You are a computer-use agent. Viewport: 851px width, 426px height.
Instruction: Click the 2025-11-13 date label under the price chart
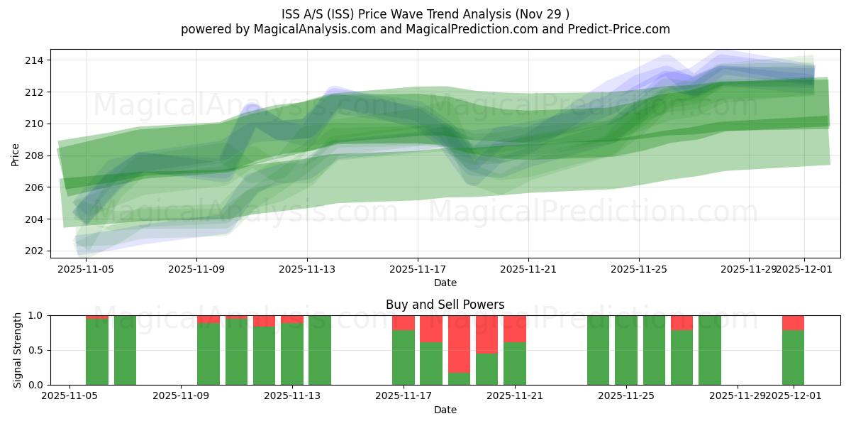pyautogui.click(x=307, y=269)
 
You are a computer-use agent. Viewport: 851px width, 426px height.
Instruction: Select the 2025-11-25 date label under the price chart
pyautogui.click(x=639, y=269)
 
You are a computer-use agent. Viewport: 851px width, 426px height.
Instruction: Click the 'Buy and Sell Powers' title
pyautogui.click(x=445, y=305)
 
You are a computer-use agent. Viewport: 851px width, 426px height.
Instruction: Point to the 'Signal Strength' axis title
pyautogui.click(x=18, y=350)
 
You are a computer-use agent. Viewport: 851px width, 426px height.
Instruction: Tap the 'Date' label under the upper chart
pyautogui.click(x=445, y=283)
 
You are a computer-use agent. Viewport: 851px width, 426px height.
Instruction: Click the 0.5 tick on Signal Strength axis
pyautogui.click(x=36, y=350)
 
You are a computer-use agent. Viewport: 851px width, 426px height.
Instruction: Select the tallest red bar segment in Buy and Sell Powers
pyautogui.click(x=459, y=344)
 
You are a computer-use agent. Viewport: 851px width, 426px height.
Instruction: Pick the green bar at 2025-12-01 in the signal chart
pyautogui.click(x=793, y=358)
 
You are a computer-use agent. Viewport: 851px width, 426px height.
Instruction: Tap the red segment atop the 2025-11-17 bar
pyautogui.click(x=404, y=323)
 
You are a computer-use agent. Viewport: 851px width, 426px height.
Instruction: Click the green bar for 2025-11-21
pyautogui.click(x=515, y=364)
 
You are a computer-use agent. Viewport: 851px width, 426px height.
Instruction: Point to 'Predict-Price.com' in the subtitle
pyautogui.click(x=622, y=29)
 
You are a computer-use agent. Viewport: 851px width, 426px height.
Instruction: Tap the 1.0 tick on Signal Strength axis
pyautogui.click(x=36, y=315)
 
